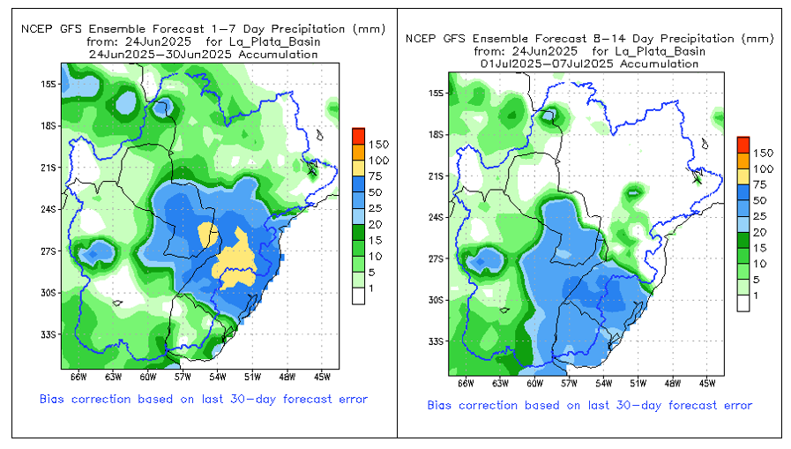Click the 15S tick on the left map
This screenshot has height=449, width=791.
pos(49,85)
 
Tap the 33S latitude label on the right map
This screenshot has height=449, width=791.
pos(437,341)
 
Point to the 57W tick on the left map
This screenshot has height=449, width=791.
pos(183,377)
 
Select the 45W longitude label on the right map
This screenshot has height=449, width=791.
pos(706,384)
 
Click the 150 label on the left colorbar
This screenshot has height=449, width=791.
pos(378,145)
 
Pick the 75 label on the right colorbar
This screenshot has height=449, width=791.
pos(760,184)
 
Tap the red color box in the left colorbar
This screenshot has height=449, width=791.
pos(358,136)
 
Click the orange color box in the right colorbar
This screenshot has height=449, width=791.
pos(743,161)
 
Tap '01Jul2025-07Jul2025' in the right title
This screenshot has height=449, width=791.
pos(547,64)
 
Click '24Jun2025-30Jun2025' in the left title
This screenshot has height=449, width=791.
pos(160,55)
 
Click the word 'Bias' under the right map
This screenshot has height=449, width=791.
pos(439,405)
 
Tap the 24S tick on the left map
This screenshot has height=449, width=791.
pos(49,209)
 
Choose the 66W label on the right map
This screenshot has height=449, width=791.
pos(466,384)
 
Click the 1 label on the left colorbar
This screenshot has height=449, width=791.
pos(371,288)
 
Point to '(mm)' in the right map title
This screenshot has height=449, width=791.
pos(757,38)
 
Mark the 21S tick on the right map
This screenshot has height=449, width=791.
pos(437,176)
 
